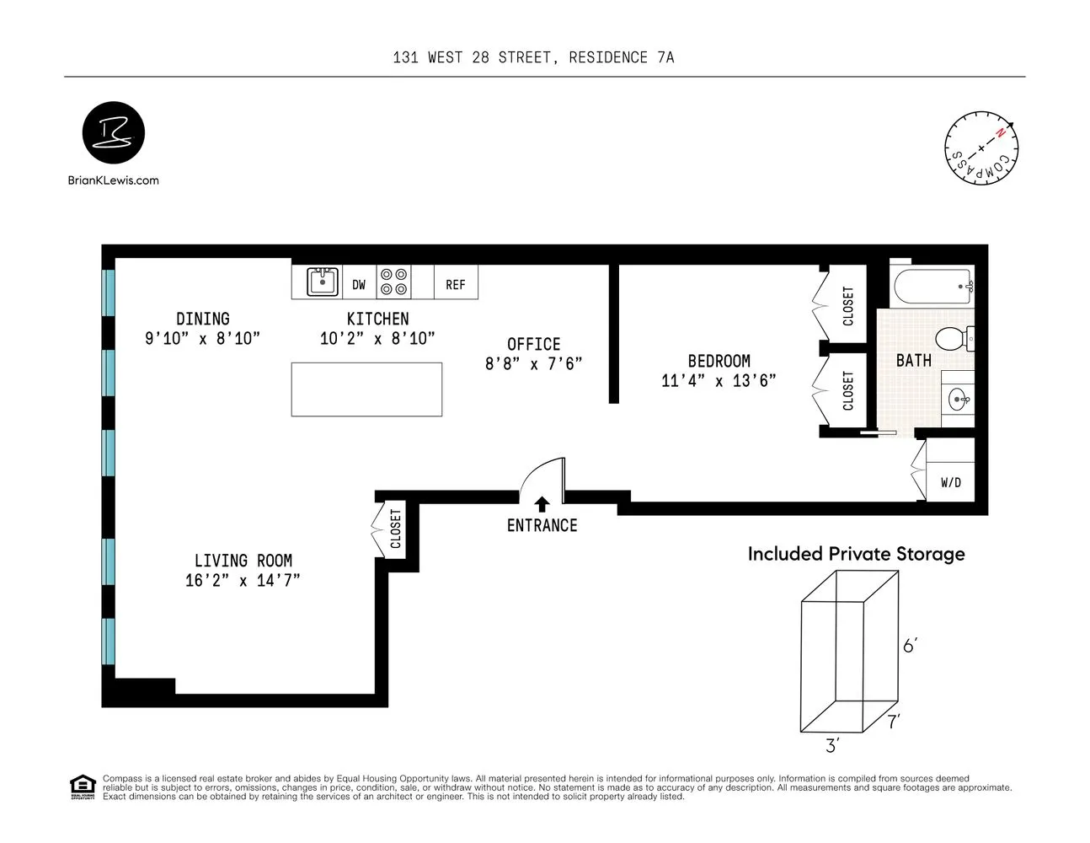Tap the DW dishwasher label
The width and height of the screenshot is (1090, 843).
coord(359,285)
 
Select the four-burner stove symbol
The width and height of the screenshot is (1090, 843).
coord(393,282)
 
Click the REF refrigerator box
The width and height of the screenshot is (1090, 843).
coord(455,284)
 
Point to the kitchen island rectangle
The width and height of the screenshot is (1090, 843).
coord(366,389)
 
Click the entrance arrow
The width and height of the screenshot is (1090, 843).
coord(542,504)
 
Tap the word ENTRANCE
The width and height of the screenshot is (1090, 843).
coord(542,525)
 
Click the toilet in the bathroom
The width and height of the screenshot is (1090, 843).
coord(955,339)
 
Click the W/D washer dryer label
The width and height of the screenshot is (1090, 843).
coord(950,483)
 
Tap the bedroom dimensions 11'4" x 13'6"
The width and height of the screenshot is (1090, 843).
coord(719,381)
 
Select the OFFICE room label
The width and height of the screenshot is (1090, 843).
coord(533,344)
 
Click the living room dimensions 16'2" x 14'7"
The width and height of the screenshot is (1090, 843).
coord(243,581)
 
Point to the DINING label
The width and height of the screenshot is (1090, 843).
coord(202,319)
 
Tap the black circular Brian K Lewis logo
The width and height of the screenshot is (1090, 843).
coord(114,133)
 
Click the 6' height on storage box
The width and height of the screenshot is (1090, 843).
coord(910,646)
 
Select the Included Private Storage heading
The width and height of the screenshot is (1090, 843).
coord(856,554)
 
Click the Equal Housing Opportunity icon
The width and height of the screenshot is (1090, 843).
coord(81,787)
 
